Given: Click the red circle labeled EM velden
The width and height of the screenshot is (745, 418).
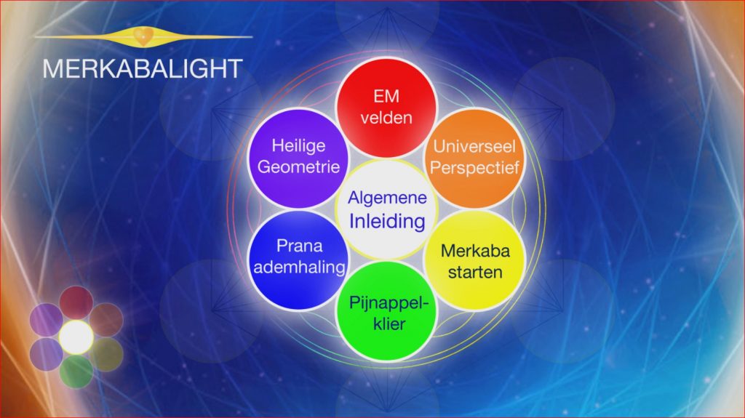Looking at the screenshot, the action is click(x=386, y=108).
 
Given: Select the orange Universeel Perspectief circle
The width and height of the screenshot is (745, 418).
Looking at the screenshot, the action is click(x=474, y=158).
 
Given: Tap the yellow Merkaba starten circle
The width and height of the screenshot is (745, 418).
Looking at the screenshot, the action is click(x=474, y=260).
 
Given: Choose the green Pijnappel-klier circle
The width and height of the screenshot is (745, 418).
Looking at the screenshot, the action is click(x=386, y=311).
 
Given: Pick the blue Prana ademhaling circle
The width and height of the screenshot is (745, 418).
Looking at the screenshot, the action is click(x=298, y=260).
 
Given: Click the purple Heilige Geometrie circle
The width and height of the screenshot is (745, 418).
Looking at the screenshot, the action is click(x=298, y=158).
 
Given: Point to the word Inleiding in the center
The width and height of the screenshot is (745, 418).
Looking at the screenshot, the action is click(x=387, y=221).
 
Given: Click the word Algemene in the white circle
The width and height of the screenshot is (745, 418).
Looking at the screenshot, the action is click(x=387, y=198).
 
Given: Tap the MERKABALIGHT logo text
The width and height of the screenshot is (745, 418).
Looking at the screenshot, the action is click(x=143, y=69).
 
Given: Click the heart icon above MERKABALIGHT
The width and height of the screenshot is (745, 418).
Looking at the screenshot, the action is click(x=143, y=36).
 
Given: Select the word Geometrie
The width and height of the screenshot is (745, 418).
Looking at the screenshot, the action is click(x=298, y=166).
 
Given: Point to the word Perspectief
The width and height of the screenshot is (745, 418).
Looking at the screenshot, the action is click(x=474, y=168).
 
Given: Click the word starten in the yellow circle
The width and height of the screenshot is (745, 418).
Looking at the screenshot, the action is click(x=475, y=272).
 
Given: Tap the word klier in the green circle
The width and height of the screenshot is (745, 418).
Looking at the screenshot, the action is click(x=389, y=324).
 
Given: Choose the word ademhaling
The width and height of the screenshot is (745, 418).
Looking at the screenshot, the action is click(x=299, y=268).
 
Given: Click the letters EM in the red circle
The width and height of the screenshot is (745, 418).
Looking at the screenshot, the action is click(x=386, y=97).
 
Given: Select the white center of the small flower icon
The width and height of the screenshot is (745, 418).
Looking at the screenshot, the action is click(x=76, y=337).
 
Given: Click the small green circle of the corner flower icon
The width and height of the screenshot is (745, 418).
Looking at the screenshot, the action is click(x=76, y=371).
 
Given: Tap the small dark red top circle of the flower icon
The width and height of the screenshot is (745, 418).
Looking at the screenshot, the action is click(x=76, y=302).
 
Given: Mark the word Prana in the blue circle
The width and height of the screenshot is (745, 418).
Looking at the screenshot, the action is click(x=299, y=246).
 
